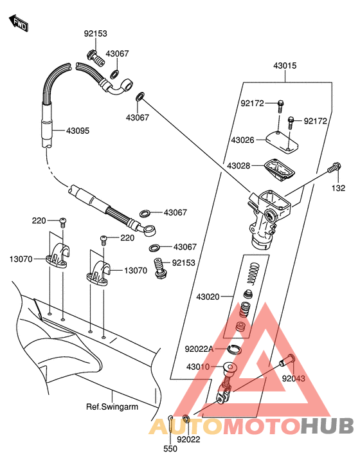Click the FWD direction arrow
[x=19, y=23]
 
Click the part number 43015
[x=285, y=66]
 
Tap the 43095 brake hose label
[x=77, y=131]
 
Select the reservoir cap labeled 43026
[x=282, y=142]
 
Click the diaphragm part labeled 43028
[x=279, y=169]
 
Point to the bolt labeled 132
[x=334, y=167]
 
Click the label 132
[x=339, y=188]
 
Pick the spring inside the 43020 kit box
[x=252, y=273]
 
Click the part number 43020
[x=208, y=297]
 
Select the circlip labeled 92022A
[x=235, y=349]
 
